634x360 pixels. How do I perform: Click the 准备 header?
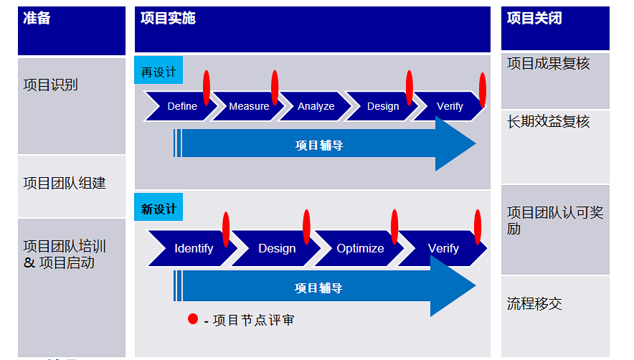pos(37,19)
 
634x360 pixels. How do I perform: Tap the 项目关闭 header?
pos(534,19)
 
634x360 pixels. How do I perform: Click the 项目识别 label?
pos(51,85)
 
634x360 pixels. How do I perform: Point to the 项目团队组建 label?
pos(65,184)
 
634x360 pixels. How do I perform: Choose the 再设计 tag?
pos(158,72)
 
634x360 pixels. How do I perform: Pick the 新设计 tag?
pos(158,209)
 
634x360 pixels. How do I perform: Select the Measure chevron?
pos(249,106)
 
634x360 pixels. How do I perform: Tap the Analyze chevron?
pos(316,106)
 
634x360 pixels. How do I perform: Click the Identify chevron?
pos(194,248)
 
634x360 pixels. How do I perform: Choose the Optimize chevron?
pos(360,248)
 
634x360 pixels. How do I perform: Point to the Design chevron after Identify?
pos(277,248)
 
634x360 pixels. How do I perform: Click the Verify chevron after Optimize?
pos(443,248)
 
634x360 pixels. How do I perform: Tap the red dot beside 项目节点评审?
pos(193,319)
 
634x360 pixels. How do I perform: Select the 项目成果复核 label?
pos(549,64)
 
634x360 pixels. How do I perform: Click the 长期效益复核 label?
pos(549,122)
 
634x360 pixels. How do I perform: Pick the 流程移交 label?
pos(534,304)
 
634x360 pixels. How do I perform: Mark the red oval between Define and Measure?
pos(207,87)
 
